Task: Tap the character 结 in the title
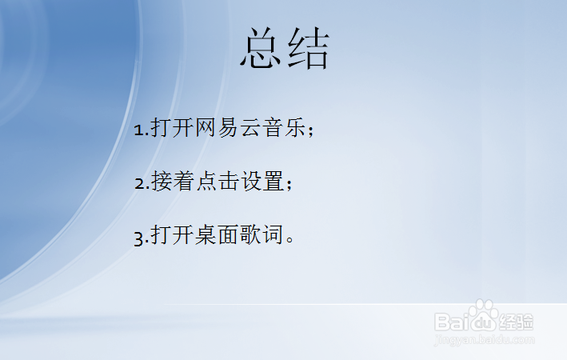coord(309,50)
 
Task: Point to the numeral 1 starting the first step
coord(138,130)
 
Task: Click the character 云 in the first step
coord(251,128)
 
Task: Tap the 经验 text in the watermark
coord(517,322)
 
